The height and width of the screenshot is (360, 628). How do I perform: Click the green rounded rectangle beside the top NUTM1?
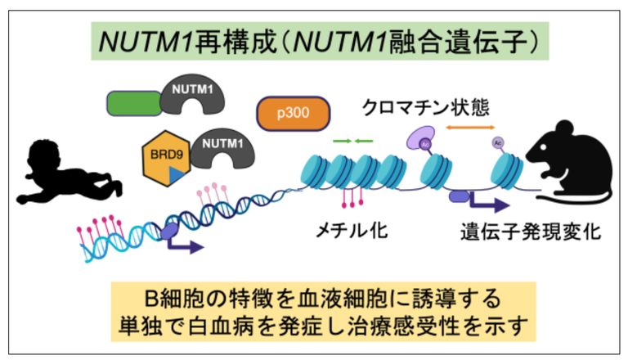click(135, 103)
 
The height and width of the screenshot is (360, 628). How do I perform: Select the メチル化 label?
click(352, 232)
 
